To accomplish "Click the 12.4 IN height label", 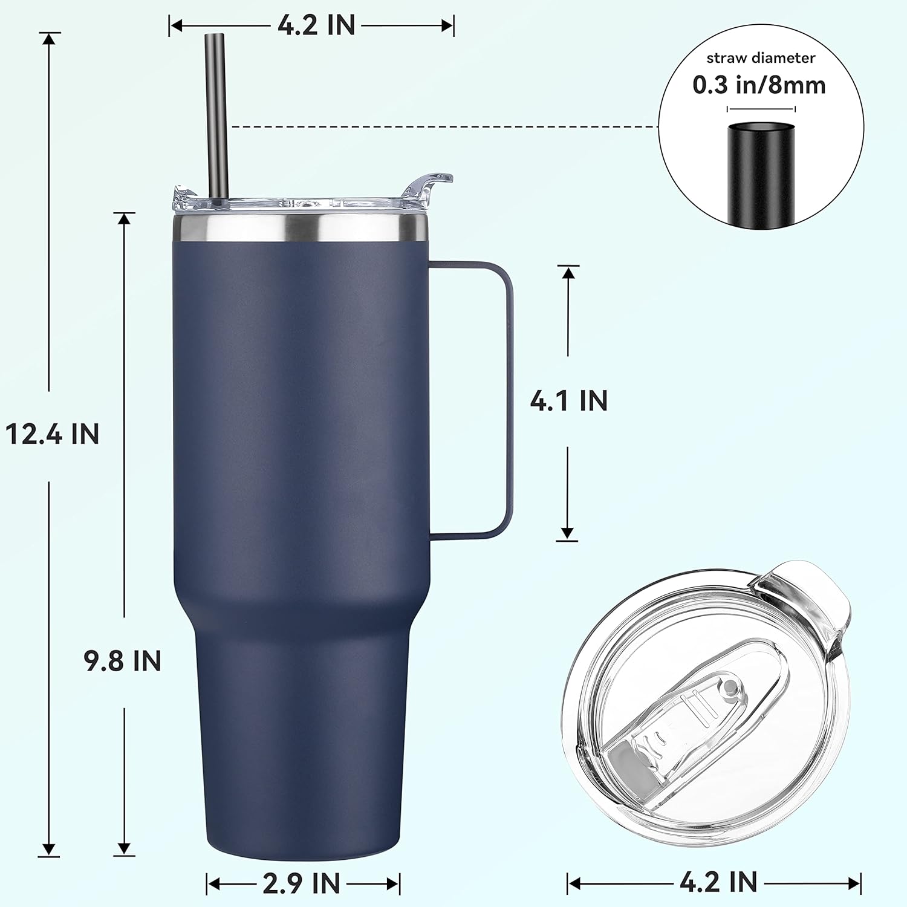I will (52, 434).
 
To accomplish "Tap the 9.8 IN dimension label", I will (123, 661).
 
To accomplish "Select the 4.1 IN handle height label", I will (568, 401).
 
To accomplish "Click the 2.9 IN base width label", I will (302, 883).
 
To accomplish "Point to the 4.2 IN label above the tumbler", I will (316, 25).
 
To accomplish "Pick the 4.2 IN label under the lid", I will (718, 882).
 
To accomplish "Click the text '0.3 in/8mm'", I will (759, 85).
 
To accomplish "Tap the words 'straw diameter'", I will (761, 58).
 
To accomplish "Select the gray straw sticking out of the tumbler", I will (216, 109).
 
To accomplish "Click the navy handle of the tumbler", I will (507, 399).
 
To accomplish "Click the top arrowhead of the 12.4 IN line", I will (50, 38).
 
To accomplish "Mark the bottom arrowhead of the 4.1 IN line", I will (567, 533).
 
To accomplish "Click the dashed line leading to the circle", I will (441, 127).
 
